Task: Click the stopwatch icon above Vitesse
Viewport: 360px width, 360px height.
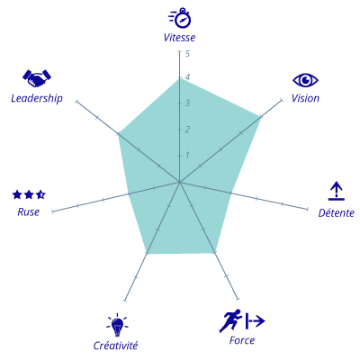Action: click(180, 18)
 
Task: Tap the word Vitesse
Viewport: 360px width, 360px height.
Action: click(179, 38)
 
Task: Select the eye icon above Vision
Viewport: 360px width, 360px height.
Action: click(305, 80)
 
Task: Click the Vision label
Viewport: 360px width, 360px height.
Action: click(305, 98)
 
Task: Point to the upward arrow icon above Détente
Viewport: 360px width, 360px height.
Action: click(337, 191)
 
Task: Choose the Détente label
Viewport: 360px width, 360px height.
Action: click(337, 212)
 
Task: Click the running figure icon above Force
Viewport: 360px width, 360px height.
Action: click(230, 320)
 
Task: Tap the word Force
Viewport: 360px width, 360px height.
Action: click(242, 340)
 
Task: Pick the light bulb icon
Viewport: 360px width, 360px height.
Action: click(117, 325)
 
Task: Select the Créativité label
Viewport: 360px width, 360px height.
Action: click(115, 346)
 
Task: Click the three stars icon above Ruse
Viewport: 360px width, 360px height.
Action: click(29, 194)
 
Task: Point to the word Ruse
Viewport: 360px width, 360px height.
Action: click(29, 212)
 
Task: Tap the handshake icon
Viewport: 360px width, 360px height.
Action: click(37, 78)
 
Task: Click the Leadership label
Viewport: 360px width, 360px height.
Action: click(37, 98)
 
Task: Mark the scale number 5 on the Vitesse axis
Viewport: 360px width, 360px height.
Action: click(187, 54)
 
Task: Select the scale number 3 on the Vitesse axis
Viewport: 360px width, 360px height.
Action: click(187, 103)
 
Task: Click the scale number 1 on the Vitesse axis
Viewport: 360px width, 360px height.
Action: click(187, 155)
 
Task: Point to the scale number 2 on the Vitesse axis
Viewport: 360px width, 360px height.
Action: click(187, 130)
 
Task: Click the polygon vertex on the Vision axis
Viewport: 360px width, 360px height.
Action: click(260, 116)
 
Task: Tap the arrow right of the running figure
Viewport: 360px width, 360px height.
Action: click(256, 321)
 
